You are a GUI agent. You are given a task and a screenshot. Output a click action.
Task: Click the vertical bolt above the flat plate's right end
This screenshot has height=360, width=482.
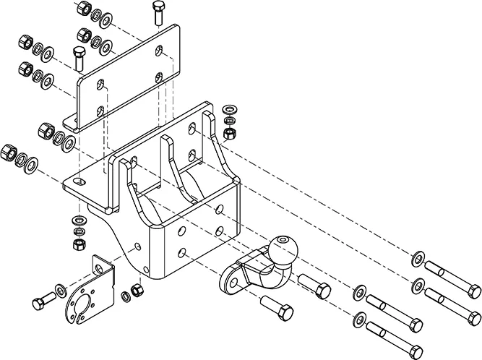[x=159, y=12]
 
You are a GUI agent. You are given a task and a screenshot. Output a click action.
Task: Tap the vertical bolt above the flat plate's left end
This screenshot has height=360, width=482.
[x=79, y=56]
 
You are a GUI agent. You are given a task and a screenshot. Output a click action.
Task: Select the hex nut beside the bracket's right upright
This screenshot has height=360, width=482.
[x=230, y=133]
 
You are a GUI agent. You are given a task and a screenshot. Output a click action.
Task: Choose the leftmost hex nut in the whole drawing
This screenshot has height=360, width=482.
[x=9, y=152]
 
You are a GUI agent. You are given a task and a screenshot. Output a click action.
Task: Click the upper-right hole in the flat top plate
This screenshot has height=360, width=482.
[x=160, y=49]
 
